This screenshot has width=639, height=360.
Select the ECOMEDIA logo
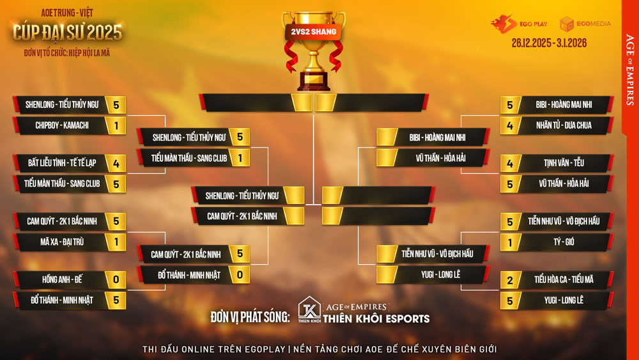click(x=585, y=24)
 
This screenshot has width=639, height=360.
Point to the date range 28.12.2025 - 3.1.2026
click(x=549, y=43)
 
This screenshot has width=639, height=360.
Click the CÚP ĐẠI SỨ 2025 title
click(x=67, y=31)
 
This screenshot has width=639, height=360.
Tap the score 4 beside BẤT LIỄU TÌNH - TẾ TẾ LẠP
click(x=116, y=162)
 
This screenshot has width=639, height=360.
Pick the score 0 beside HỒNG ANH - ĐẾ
click(x=116, y=279)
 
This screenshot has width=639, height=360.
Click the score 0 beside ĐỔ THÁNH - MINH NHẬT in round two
click(x=240, y=275)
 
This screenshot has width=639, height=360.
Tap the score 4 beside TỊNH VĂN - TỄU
click(x=510, y=162)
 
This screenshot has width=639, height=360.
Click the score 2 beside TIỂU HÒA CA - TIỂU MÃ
click(x=510, y=279)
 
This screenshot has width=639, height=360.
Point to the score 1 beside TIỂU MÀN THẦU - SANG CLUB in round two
click(x=240, y=158)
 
